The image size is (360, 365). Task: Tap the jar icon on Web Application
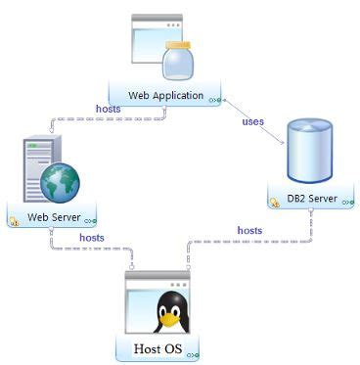coord(178,64)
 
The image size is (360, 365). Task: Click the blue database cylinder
coord(305,152)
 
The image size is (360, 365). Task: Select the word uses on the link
coord(252,121)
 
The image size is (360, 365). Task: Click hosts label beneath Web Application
coord(108,109)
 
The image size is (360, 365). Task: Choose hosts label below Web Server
coord(92,237)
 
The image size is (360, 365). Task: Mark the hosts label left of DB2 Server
coord(249,230)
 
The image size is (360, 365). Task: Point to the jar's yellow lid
coord(178,46)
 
